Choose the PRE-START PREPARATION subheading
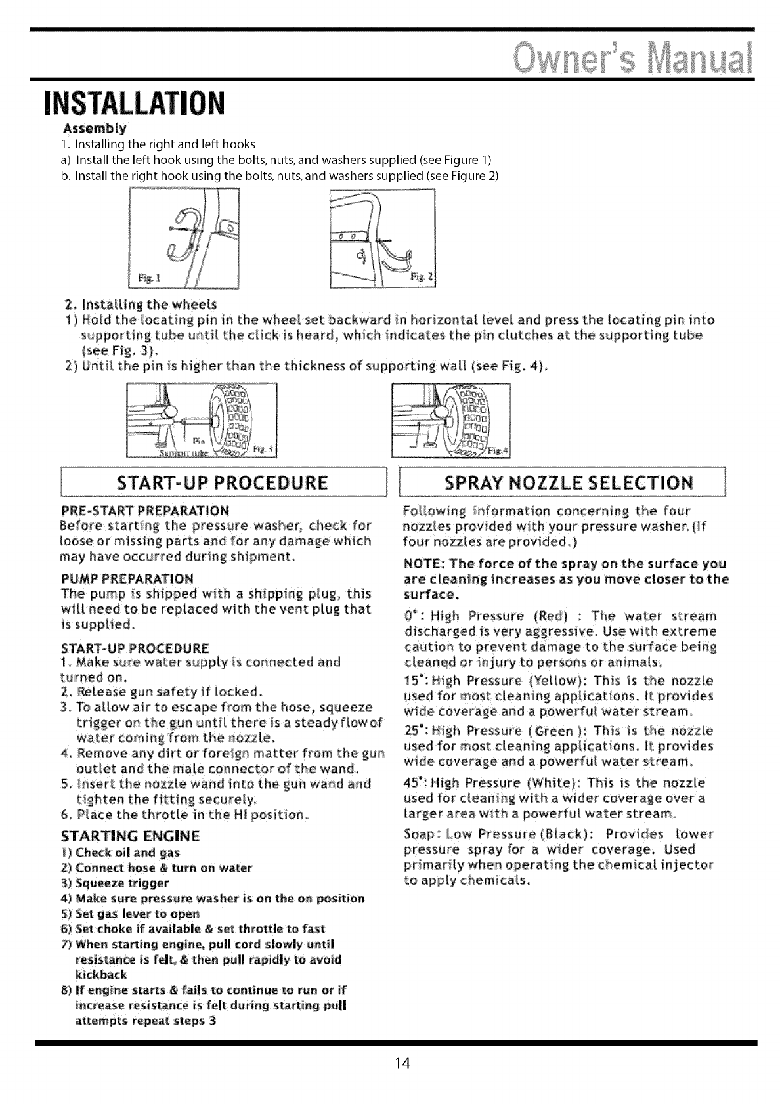(144, 511)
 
